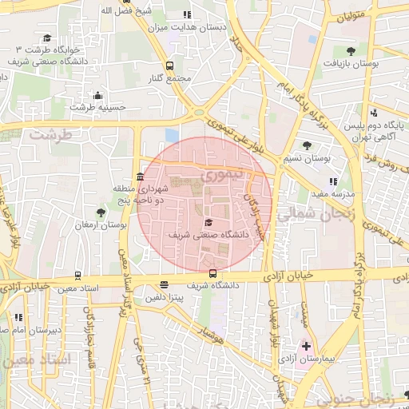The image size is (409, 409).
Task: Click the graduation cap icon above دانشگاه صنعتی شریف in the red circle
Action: pos(209,223)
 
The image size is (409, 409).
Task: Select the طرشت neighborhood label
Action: pos(50,134)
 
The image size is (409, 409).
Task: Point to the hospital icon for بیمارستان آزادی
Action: pos(306,346)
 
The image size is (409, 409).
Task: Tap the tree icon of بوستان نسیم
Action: pos(307,145)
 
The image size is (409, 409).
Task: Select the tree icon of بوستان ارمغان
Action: pos(100,212)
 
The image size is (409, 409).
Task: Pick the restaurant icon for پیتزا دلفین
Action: pos(164,284)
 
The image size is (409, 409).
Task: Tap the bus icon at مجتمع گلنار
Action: pos(169,66)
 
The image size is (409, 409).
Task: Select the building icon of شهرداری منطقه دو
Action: pos(141,176)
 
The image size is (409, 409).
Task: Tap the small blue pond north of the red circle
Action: pos(172,135)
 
